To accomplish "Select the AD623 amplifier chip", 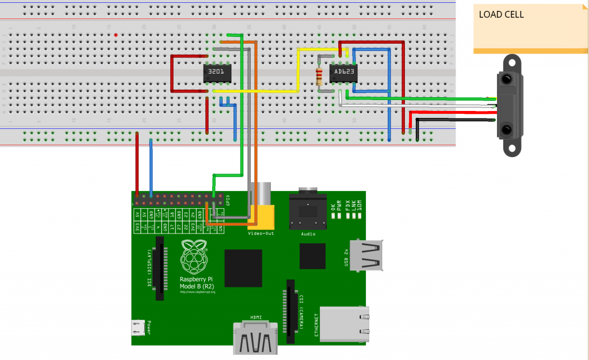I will (343, 73).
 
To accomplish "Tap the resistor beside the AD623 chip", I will (320, 76).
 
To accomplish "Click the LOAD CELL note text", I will (501, 15).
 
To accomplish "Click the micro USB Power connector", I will (137, 328).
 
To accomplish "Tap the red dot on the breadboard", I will (116, 35).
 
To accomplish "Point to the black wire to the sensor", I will (454, 120).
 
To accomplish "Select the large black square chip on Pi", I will (243, 268).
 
